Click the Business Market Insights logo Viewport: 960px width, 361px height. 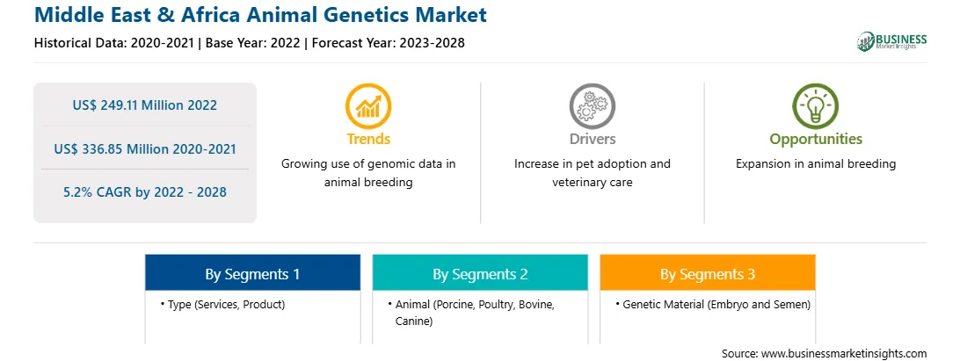click(892, 41)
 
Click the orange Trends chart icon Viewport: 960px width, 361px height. click(368, 106)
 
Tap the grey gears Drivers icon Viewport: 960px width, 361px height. click(592, 106)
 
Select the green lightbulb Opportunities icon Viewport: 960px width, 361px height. click(816, 106)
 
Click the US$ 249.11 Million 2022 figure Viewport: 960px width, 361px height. click(144, 105)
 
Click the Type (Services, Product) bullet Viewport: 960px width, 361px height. click(223, 304)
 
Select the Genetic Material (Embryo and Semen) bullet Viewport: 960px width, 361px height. click(713, 304)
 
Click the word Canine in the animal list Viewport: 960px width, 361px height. click(414, 321)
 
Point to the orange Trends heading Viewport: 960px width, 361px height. click(368, 139)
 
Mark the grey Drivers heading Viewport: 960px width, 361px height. click(593, 139)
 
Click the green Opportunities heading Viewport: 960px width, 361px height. click(816, 139)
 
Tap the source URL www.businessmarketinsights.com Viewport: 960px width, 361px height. click(844, 353)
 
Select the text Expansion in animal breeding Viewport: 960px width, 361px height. click(816, 164)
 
